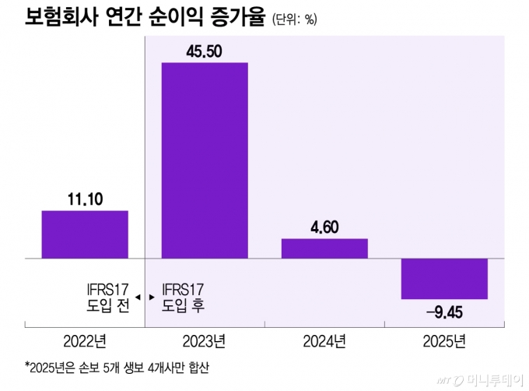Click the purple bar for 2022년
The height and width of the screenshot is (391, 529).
click(85, 234)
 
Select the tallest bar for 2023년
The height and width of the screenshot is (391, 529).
click(205, 160)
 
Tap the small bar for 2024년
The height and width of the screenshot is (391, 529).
click(324, 248)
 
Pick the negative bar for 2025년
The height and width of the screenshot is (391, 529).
click(444, 278)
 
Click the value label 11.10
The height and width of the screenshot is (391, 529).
click(85, 199)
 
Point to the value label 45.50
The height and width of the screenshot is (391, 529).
click(205, 50)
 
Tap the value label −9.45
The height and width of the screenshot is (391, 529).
click(445, 312)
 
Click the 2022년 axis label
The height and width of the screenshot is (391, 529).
click(85, 341)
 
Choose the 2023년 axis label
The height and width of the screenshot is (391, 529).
click(205, 341)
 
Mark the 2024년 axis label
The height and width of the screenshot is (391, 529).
click(324, 341)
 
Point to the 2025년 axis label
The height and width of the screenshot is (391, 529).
click(444, 341)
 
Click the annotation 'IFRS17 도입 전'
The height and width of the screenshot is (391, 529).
click(107, 298)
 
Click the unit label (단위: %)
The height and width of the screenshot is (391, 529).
click(295, 19)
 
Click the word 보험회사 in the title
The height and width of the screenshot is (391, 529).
click(57, 17)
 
